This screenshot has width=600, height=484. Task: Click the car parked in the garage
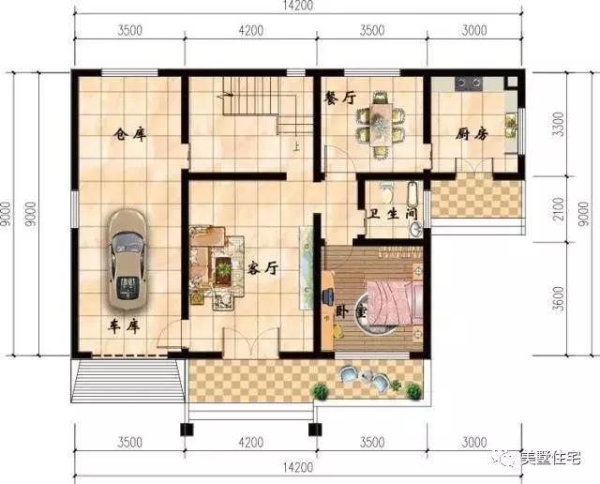127,259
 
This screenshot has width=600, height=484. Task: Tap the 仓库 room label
130,134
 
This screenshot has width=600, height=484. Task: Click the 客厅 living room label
262,268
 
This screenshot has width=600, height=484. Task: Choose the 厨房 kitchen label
472,134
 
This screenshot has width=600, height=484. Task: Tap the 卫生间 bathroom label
392,213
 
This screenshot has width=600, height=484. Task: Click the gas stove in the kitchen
468,83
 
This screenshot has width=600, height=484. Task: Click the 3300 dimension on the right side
560,124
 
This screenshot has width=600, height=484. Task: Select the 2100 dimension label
559,209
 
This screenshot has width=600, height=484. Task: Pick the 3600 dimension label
559,299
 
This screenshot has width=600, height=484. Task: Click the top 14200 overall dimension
298,6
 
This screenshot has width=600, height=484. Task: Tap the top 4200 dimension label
250,31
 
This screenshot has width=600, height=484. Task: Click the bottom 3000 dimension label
474,443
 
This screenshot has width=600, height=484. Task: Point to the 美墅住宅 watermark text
550,458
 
